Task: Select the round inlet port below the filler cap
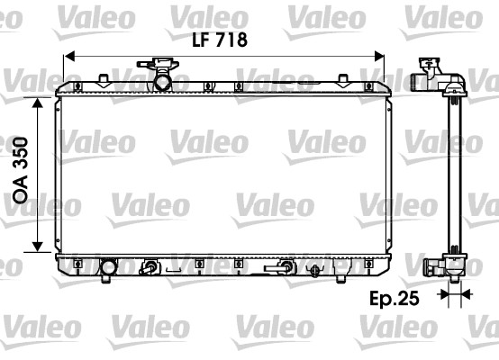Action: pyautogui.click(x=162, y=82)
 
